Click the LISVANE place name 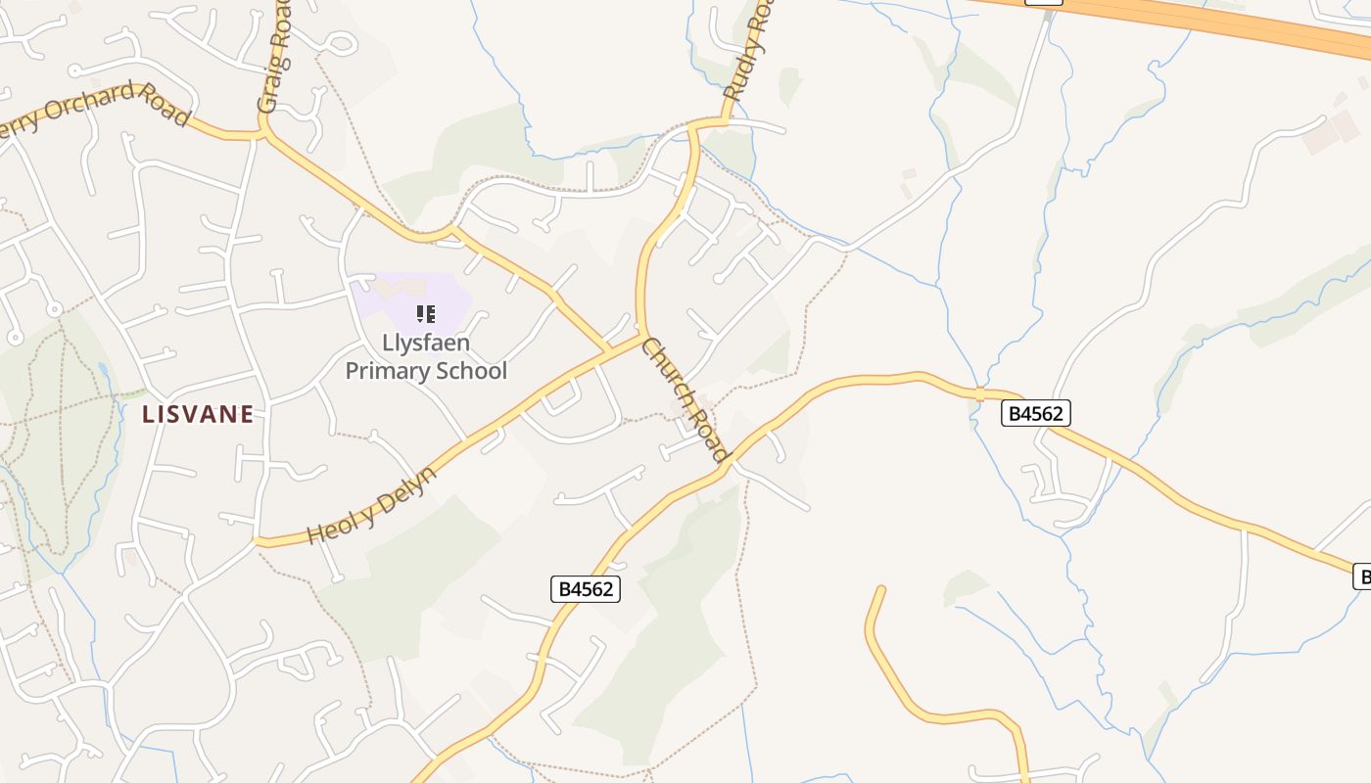[x=198, y=414]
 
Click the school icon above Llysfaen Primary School [x=425, y=314]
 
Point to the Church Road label [x=685, y=399]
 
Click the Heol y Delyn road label [x=371, y=505]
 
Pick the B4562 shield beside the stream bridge [x=1036, y=414]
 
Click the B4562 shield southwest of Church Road [x=586, y=589]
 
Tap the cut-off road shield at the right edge [x=1362, y=576]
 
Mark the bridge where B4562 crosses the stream [x=979, y=392]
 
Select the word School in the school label [x=476, y=371]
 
